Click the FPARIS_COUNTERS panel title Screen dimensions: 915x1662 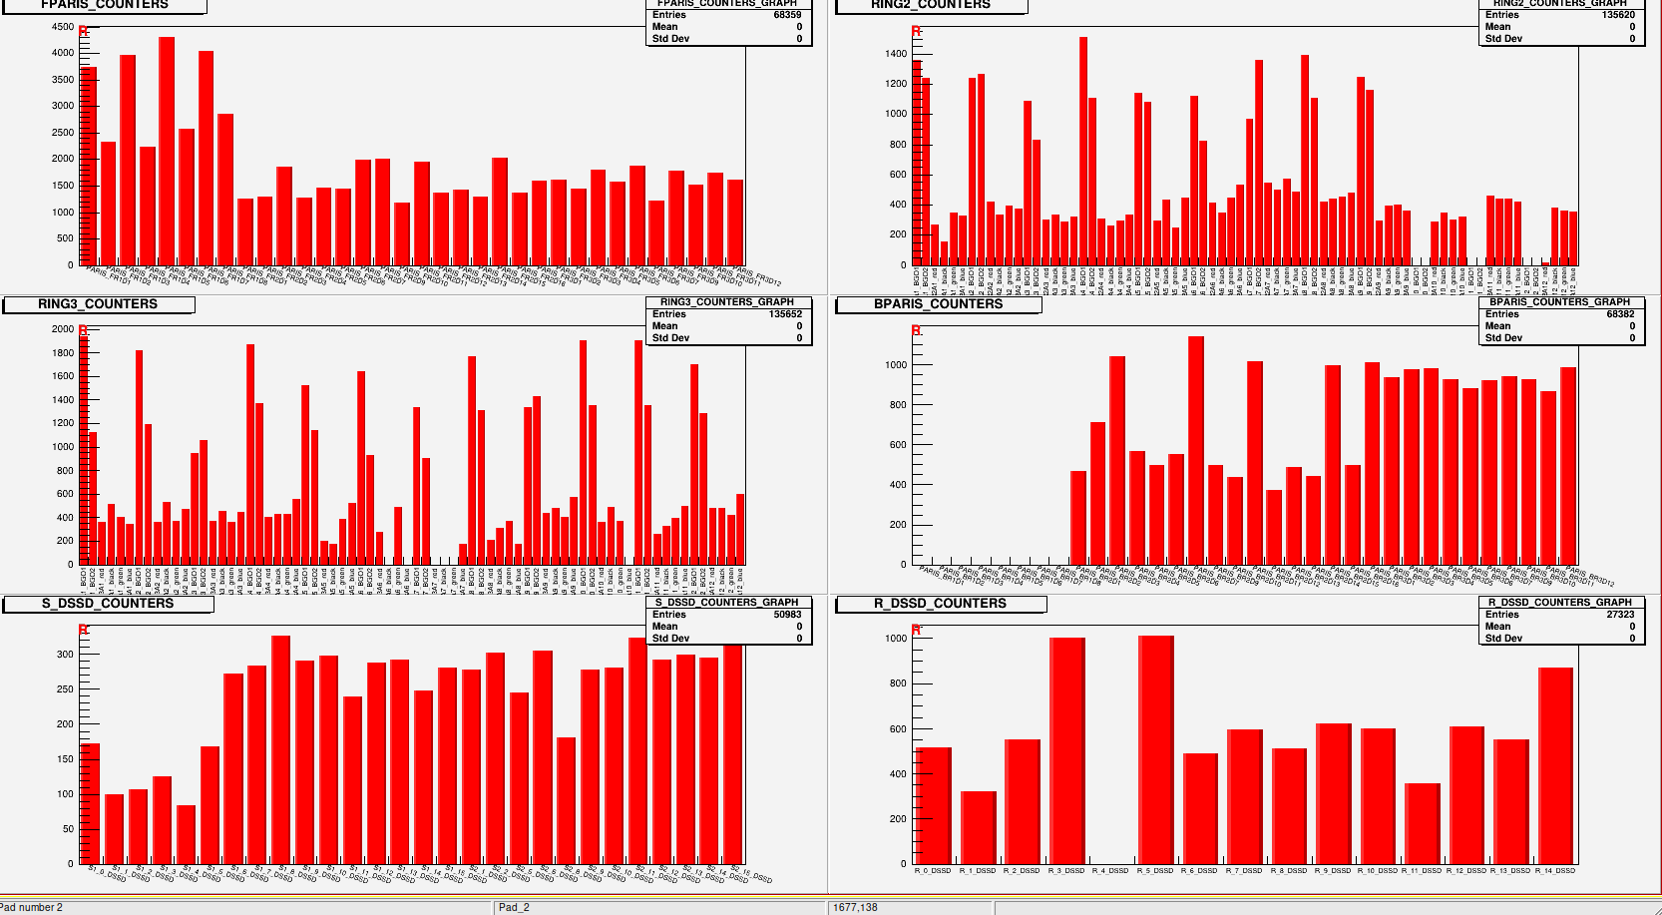point(105,5)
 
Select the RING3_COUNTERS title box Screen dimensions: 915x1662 point(98,304)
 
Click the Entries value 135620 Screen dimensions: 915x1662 point(1618,15)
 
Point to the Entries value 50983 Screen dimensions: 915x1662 point(787,615)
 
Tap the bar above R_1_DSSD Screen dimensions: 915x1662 point(978,827)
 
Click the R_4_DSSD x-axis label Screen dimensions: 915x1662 point(1110,871)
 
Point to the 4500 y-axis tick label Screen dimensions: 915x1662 point(63,27)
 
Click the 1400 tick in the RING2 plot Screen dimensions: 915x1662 point(896,54)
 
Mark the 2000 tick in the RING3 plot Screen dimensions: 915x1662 point(63,329)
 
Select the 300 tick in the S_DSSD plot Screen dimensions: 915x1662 point(66,655)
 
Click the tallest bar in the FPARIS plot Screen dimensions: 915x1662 point(167,151)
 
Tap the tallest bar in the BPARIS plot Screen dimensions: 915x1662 point(1195,450)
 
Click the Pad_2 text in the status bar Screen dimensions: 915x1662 point(514,907)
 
